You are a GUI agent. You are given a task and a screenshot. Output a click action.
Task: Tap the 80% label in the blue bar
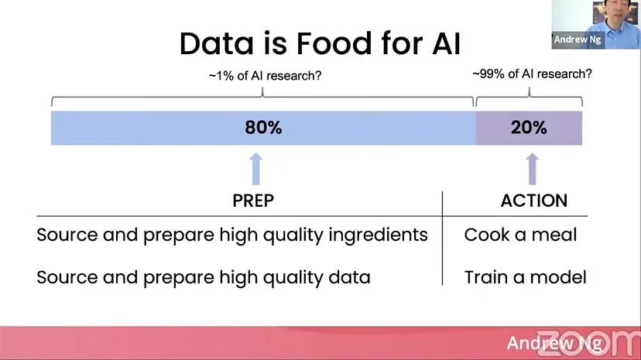[263, 128]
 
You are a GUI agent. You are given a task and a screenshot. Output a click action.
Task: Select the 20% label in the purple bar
[529, 128]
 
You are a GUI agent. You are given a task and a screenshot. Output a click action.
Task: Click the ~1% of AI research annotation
[265, 76]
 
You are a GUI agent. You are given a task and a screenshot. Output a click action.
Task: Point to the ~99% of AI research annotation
[532, 74]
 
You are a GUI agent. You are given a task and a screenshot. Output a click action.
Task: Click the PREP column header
[253, 201]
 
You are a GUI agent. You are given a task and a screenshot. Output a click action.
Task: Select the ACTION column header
[534, 201]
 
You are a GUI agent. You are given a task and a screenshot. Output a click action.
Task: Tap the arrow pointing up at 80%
[256, 169]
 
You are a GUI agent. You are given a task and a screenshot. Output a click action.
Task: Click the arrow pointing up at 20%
[532, 169]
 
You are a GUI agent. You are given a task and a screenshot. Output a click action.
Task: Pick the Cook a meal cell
[520, 235]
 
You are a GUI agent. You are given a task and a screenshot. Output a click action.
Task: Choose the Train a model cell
[526, 277]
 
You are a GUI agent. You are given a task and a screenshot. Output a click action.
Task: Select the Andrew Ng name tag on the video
[578, 39]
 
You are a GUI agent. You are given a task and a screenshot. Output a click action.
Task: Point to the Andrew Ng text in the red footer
[554, 343]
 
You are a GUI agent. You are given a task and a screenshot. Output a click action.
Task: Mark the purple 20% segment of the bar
[529, 128]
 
